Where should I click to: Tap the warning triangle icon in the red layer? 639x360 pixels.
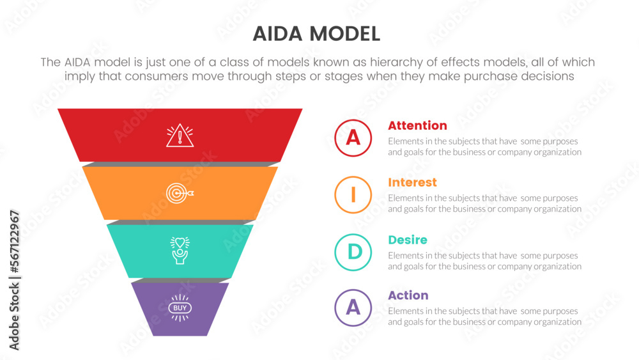(180, 136)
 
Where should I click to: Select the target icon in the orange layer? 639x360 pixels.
(180, 192)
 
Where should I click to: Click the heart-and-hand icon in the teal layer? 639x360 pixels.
(180, 250)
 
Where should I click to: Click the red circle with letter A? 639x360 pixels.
(353, 137)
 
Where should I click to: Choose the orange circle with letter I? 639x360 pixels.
(353, 194)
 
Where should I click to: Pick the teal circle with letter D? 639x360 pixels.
(353, 252)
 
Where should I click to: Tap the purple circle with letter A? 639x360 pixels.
(353, 308)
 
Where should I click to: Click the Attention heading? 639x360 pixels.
(417, 125)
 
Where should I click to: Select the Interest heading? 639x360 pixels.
(412, 182)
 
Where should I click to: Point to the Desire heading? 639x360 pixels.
(408, 240)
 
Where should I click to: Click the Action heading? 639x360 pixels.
(408, 295)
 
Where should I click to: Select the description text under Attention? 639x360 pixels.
(484, 146)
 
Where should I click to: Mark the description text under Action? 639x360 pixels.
(484, 317)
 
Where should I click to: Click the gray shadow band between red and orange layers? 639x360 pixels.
(180, 164)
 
